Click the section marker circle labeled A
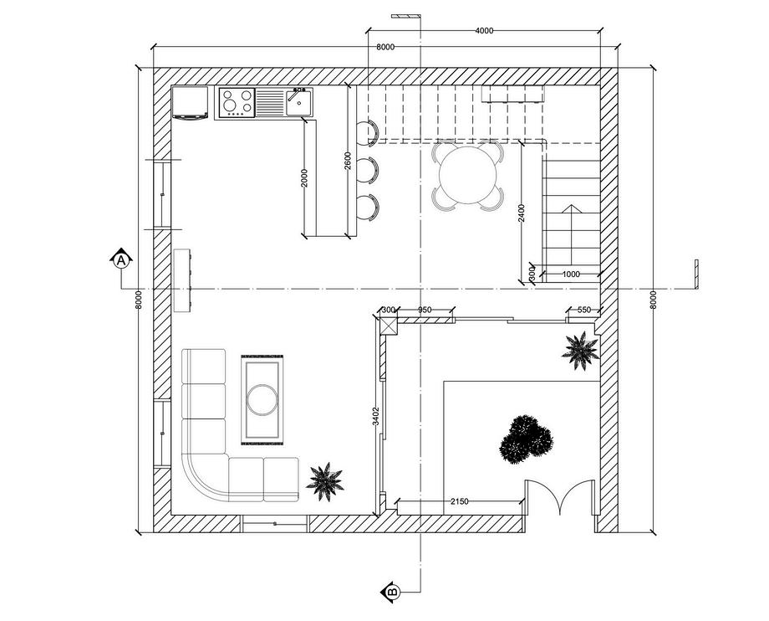click(121, 260)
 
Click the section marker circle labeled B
click(391, 592)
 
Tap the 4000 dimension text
click(484, 31)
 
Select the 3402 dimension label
click(376, 416)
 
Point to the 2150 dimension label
click(459, 501)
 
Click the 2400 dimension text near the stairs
click(522, 213)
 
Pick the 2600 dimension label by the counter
click(348, 160)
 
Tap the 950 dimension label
click(425, 310)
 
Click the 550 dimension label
click(583, 310)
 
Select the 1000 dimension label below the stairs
click(571, 275)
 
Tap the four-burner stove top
click(236, 103)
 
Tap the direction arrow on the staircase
click(571, 209)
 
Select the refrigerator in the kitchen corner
click(191, 102)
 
